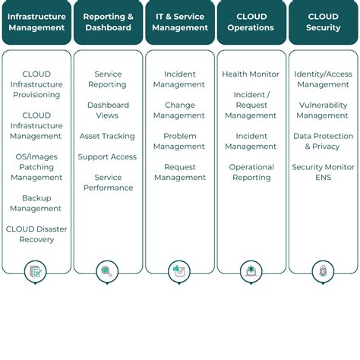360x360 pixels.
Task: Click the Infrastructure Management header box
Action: coord(36,22)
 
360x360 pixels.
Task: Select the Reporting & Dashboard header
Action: coord(108,22)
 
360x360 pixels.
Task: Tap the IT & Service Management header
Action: coord(179,22)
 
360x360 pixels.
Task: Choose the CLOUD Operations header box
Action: coord(251,22)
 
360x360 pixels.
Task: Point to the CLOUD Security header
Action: coord(323,22)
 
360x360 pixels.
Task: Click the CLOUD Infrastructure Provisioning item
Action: coord(36,84)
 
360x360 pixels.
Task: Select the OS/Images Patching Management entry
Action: coord(36,166)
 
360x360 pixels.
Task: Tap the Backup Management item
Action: coord(36,203)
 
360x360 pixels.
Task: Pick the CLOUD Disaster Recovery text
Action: coord(36,234)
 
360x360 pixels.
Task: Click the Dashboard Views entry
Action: coord(108,110)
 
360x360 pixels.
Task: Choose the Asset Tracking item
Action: coord(108,136)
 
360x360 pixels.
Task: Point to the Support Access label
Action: coord(108,156)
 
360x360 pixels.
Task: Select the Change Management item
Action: coord(179,110)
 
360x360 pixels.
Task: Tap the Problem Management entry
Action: coord(179,141)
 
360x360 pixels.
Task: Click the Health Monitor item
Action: coord(251,74)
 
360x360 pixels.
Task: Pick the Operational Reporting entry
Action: coord(251,172)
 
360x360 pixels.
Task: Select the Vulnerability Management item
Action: coord(323,110)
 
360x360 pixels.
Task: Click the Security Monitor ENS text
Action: coord(323,172)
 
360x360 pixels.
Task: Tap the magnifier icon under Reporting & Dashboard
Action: coord(108,270)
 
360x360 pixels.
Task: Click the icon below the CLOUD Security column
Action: coord(323,270)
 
